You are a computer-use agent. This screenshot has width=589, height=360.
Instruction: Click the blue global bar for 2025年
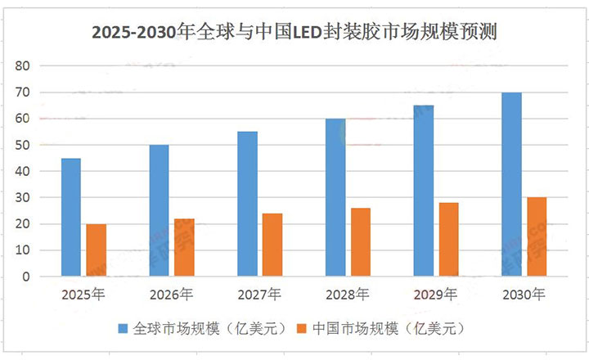coord(71,218)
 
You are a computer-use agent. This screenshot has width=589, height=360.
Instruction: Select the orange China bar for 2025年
coord(97,250)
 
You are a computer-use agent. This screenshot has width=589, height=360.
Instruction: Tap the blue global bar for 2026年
coord(159,211)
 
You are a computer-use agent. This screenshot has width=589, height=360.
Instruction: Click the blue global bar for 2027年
coord(247,205)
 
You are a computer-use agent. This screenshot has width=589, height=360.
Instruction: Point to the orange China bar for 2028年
coord(361,242)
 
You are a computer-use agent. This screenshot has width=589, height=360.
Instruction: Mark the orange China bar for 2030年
coord(537,237)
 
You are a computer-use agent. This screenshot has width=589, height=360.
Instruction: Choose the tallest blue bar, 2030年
coord(511,185)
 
